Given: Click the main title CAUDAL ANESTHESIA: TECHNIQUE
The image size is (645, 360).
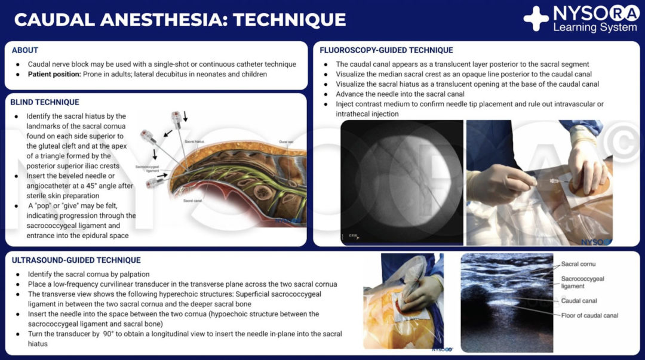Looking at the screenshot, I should [180, 19].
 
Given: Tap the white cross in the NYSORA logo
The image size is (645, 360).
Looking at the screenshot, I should [536, 19].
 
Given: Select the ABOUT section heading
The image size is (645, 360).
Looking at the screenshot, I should [24, 50].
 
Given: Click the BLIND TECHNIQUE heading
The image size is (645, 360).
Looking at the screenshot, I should [45, 102].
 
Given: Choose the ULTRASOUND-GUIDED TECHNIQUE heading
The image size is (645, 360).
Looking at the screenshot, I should [76, 260].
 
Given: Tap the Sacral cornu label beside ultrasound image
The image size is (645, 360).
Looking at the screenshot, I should [578, 264].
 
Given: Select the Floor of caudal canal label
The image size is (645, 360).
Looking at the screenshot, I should [589, 315].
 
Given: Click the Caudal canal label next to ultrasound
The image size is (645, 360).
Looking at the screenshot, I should [579, 301].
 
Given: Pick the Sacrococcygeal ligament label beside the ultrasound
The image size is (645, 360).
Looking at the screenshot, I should [582, 282].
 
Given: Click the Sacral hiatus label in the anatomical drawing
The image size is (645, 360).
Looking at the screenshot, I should [195, 141].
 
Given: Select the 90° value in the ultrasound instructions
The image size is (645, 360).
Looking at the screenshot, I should [91, 334].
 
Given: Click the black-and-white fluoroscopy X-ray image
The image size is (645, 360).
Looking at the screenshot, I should [401, 182].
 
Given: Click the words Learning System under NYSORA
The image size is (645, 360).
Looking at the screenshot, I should [594, 27].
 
